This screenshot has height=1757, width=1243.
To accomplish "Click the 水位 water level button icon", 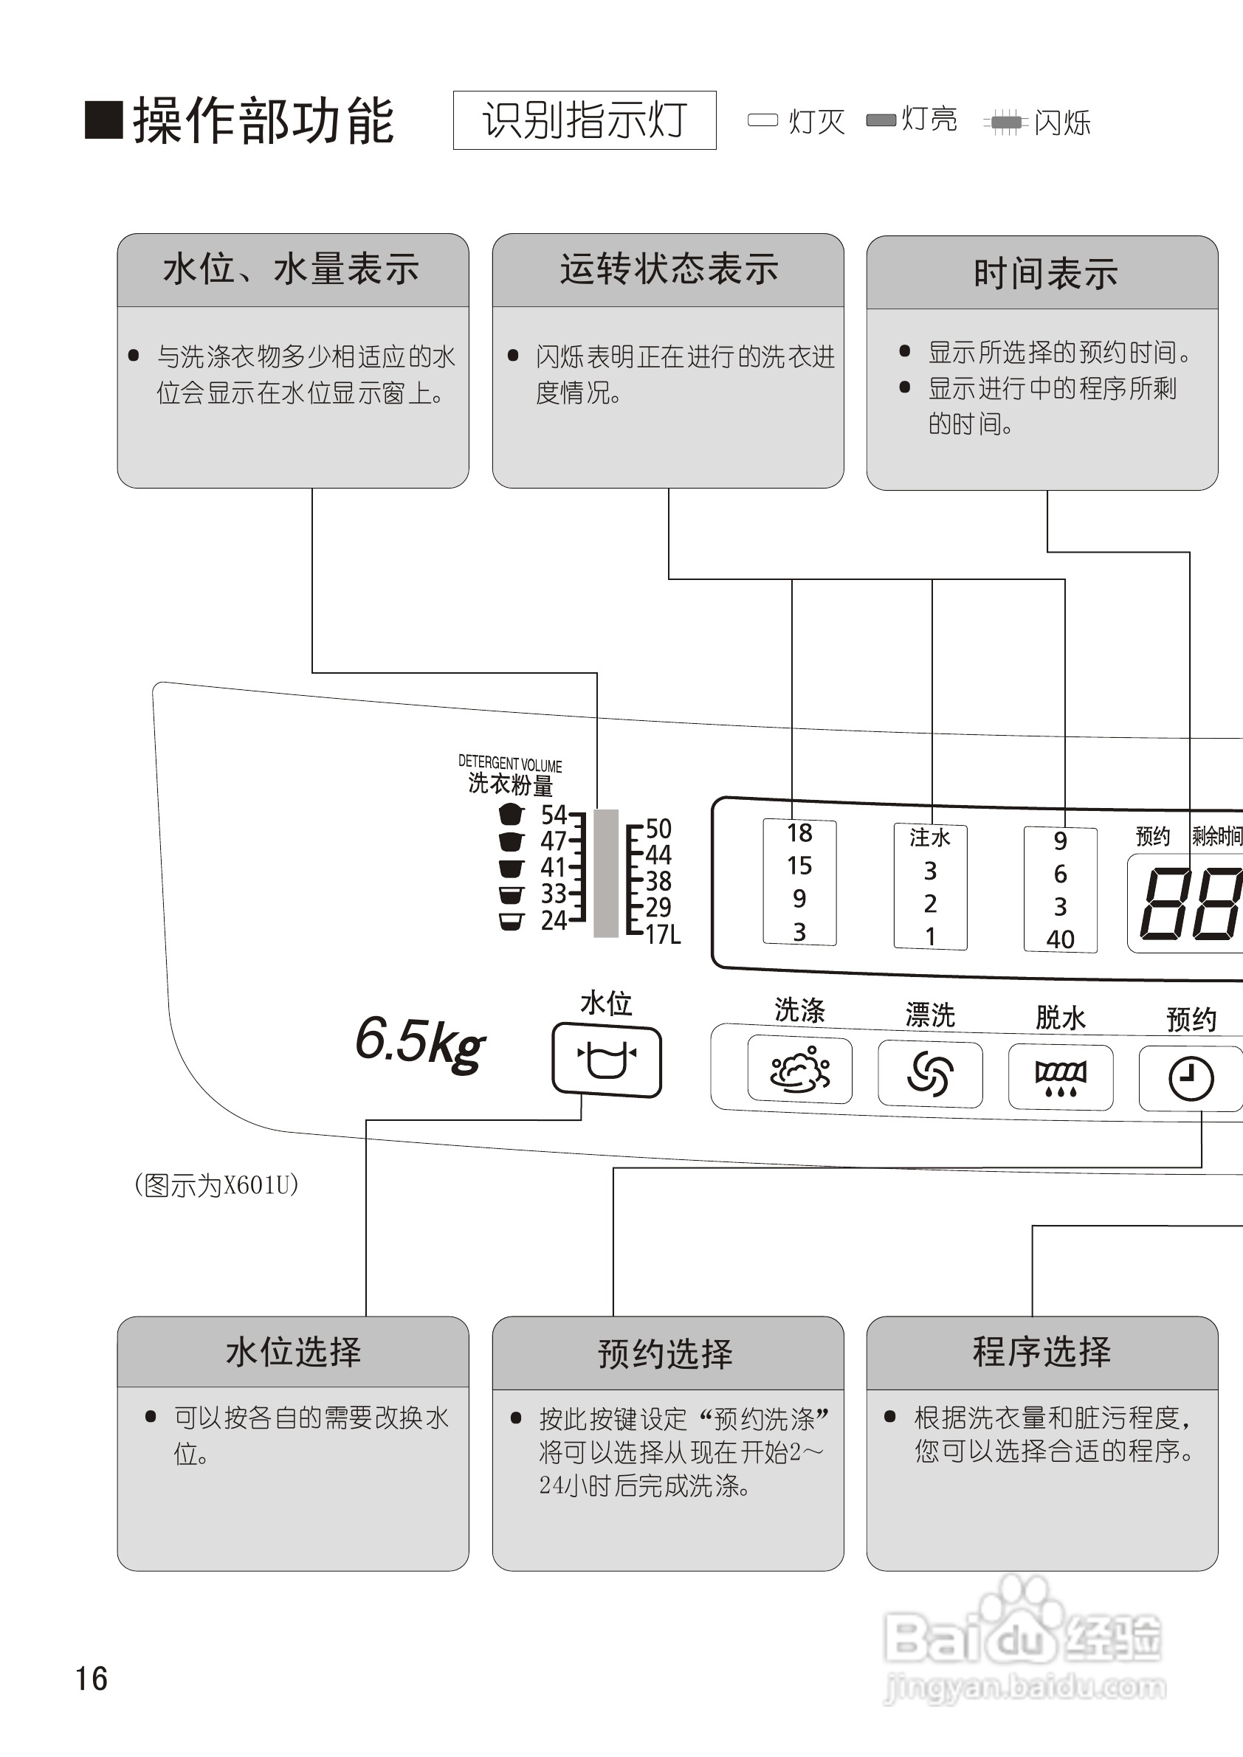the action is [x=606, y=1060].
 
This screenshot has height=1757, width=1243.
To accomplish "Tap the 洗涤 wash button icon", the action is [x=800, y=1070].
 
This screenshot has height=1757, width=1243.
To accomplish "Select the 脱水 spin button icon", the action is [x=1060, y=1077].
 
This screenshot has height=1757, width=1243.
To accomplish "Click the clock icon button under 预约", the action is [x=1190, y=1079].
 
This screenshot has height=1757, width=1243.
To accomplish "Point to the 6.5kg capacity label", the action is [x=420, y=1041].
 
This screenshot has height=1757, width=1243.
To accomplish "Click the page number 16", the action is [x=91, y=1679].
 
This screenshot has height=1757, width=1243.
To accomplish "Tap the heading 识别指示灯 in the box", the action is [x=585, y=121].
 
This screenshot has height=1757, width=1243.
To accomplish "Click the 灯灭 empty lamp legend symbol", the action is [x=762, y=120].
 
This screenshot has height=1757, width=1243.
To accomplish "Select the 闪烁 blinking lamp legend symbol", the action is [x=1006, y=122].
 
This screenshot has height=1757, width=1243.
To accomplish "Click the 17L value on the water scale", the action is [x=662, y=934].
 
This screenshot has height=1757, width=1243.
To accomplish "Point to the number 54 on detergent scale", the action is [x=554, y=814].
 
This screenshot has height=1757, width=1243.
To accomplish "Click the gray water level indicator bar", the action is [x=606, y=873].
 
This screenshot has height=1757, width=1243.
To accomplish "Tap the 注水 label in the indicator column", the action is [x=930, y=838].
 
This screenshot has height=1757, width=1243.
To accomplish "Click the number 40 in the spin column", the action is [x=1060, y=939].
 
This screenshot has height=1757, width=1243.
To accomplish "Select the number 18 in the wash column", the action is [x=799, y=832].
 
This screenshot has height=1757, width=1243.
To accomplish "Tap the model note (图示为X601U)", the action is [x=216, y=1185].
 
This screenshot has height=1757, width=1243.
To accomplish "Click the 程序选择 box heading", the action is [x=1041, y=1352].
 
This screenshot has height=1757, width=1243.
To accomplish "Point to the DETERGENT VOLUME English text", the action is [x=510, y=763].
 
